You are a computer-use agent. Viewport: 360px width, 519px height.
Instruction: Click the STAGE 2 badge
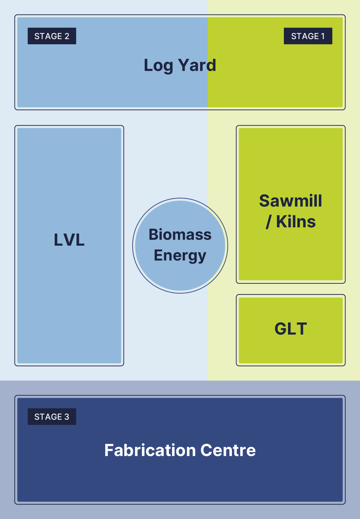[x=52, y=36]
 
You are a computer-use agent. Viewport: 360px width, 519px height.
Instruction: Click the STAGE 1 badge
[x=308, y=36]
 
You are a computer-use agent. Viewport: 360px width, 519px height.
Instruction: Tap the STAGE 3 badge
[x=52, y=417]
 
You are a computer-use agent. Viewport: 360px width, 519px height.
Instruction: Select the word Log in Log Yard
[x=158, y=66]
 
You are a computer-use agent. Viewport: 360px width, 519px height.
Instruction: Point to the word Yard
[x=197, y=65]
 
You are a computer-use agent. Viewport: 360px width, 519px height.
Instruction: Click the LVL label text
[x=69, y=240]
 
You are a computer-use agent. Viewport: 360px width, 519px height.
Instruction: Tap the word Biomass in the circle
[x=180, y=235]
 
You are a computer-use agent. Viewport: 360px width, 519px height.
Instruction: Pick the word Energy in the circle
[x=180, y=256]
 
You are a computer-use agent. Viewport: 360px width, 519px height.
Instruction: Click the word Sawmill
[x=291, y=201]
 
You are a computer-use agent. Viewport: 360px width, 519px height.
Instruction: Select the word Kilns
[x=296, y=222]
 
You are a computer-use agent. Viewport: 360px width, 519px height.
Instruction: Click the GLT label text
[x=291, y=329]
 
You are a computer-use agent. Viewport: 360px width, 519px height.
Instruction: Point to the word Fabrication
[x=150, y=450]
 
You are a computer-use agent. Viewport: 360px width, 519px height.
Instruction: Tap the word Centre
[x=228, y=450]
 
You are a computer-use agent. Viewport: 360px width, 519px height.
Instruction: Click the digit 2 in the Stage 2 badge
[x=67, y=36]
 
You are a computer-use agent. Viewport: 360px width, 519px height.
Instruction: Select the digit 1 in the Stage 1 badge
[x=323, y=36]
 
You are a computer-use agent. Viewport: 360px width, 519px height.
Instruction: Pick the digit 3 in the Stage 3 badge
[x=67, y=417]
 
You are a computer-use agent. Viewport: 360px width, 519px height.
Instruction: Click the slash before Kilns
[x=268, y=222]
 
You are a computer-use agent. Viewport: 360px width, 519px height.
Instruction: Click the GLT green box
[x=291, y=330]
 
